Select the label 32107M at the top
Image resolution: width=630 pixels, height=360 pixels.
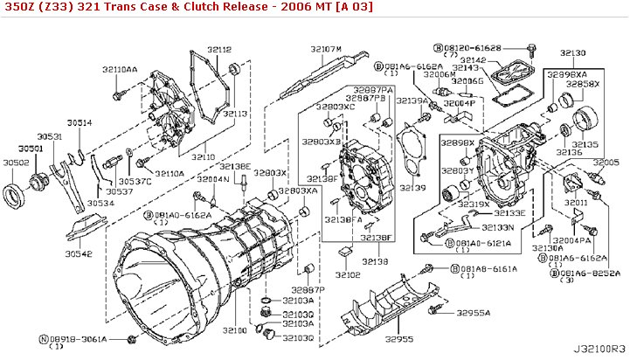pyautogui.click(x=325, y=49)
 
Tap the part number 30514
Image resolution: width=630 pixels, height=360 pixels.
pyautogui.click(x=79, y=123)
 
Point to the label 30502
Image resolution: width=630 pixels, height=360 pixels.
pyautogui.click(x=16, y=162)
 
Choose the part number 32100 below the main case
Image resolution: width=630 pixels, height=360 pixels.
pyautogui.click(x=235, y=330)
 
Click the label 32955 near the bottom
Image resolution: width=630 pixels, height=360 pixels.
pyautogui.click(x=398, y=338)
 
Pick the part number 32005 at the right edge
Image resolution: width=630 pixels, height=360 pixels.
pyautogui.click(x=605, y=163)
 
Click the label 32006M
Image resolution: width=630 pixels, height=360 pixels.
pyautogui.click(x=440, y=75)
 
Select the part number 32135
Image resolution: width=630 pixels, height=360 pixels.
pyautogui.click(x=585, y=144)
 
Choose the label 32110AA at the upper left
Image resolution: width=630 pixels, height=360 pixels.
pyautogui.click(x=120, y=68)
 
